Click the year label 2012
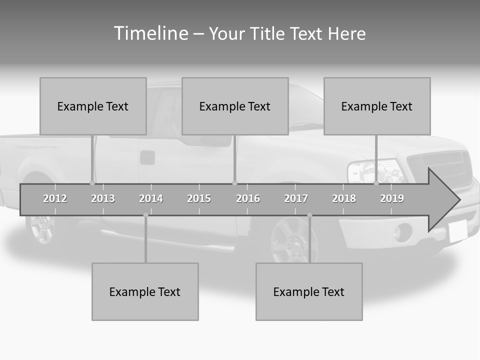[x=55, y=198]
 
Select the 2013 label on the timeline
[x=103, y=198]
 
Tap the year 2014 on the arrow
[x=151, y=198]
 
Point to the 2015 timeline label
[x=199, y=198]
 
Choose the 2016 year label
[x=248, y=198]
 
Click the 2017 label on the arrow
[x=296, y=198]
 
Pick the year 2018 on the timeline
[x=344, y=198]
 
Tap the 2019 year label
[x=392, y=198]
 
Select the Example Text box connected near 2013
[x=93, y=106]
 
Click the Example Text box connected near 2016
[x=235, y=106]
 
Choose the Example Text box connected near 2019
[x=377, y=106]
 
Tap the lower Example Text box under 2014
[x=145, y=291]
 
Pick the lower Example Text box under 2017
[x=309, y=291]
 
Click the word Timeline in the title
[x=150, y=33]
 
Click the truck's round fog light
[x=402, y=232]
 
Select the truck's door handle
[x=147, y=157]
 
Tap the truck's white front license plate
[x=457, y=231]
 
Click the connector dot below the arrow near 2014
[x=145, y=215]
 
